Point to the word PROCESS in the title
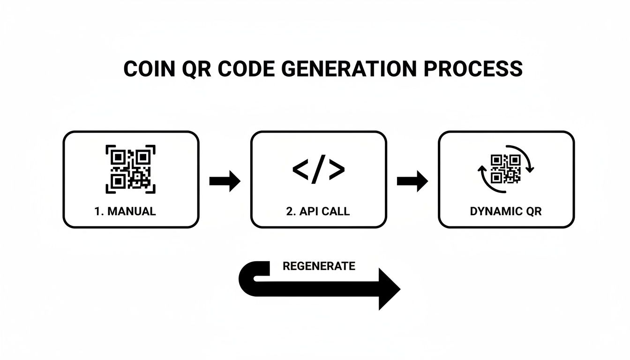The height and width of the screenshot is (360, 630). pyautogui.click(x=473, y=69)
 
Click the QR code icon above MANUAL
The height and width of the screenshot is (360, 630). pyautogui.click(x=131, y=169)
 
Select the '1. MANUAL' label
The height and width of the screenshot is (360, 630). pyautogui.click(x=125, y=211)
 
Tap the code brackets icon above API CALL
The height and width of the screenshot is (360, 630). pyautogui.click(x=318, y=169)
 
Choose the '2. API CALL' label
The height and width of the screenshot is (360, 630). pyautogui.click(x=318, y=211)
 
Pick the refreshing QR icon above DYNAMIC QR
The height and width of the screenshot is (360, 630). pyautogui.click(x=506, y=169)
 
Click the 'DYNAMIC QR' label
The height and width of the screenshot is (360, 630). pyautogui.click(x=506, y=211)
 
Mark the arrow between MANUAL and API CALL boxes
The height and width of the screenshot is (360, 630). pyautogui.click(x=225, y=181)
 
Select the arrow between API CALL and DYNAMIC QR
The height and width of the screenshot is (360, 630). pyautogui.click(x=412, y=181)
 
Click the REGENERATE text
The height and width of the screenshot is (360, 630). pyautogui.click(x=319, y=266)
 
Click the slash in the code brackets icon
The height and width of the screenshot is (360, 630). pyautogui.click(x=318, y=169)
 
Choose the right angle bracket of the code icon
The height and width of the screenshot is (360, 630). pyautogui.click(x=336, y=169)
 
